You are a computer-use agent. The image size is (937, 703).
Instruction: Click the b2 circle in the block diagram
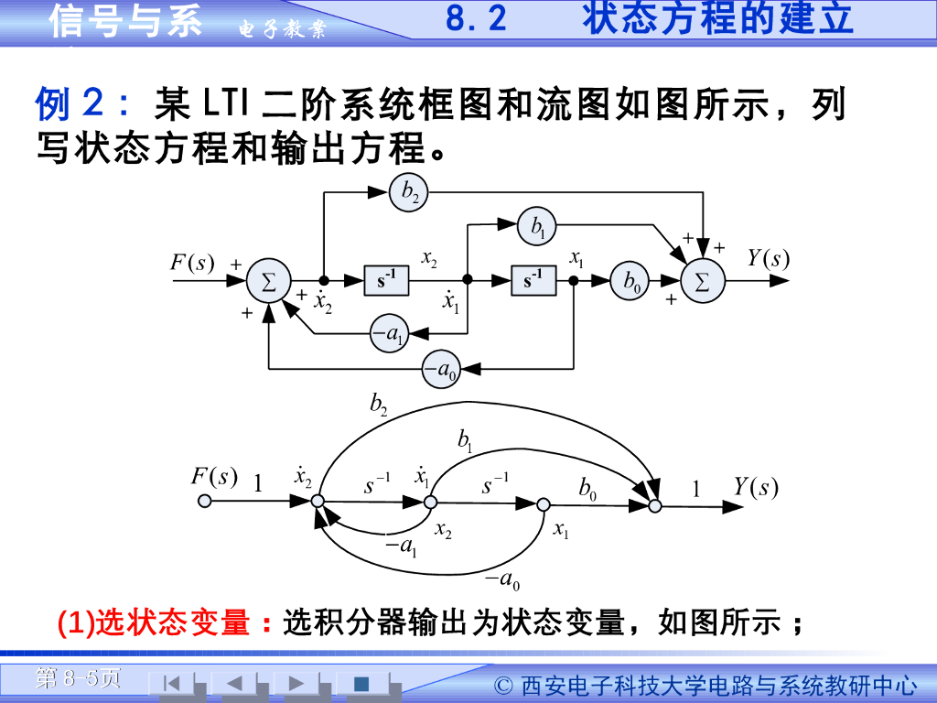tap(410, 191)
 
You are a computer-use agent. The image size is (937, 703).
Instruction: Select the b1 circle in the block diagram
tap(537, 225)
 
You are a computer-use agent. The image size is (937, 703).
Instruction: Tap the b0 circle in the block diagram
tap(630, 282)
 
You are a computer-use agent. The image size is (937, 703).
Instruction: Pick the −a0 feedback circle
tap(440, 369)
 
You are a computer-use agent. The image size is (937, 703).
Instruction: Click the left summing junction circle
tap(268, 282)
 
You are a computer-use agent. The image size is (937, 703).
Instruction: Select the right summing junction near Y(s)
tap(702, 282)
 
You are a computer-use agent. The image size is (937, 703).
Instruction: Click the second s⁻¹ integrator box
tap(533, 281)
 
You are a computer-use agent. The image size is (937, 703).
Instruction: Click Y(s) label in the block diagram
tap(767, 258)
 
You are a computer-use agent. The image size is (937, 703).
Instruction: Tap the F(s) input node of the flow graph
tap(205, 502)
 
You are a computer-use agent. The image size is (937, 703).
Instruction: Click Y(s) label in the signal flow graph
tap(756, 487)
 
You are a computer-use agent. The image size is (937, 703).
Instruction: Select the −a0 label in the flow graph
tap(502, 579)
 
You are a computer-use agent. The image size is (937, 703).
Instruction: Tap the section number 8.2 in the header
tap(476, 19)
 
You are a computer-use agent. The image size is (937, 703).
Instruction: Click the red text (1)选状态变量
tap(154, 623)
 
